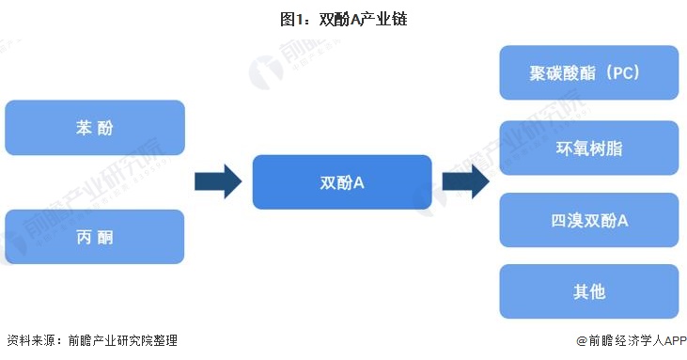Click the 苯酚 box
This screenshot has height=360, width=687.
94,128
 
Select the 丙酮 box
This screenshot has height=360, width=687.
94,236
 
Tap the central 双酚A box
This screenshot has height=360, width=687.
342,181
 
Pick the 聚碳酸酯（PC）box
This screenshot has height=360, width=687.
588,72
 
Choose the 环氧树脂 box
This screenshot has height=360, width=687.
588,148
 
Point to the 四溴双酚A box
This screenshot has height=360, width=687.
588,220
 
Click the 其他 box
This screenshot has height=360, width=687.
588,291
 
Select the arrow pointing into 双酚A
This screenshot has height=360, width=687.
217,181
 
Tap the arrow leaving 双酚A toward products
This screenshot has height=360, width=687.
465,181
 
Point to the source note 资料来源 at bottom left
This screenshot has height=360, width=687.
91,340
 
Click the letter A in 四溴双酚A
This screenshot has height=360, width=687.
622,220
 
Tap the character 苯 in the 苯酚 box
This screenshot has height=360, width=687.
84,128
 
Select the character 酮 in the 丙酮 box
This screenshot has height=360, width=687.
105,236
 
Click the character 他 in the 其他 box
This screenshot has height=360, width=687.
598,291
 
